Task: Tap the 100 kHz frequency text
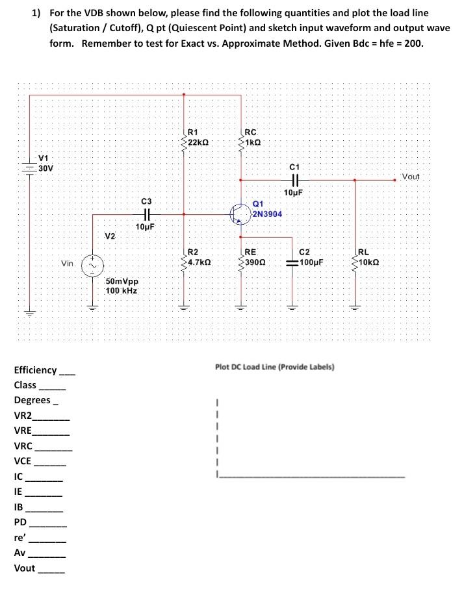121,291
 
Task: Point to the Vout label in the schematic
411,177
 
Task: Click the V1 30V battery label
45,163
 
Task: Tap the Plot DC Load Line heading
274,367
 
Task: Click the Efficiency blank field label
35,370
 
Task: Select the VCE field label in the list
23,461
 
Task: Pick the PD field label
20,522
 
